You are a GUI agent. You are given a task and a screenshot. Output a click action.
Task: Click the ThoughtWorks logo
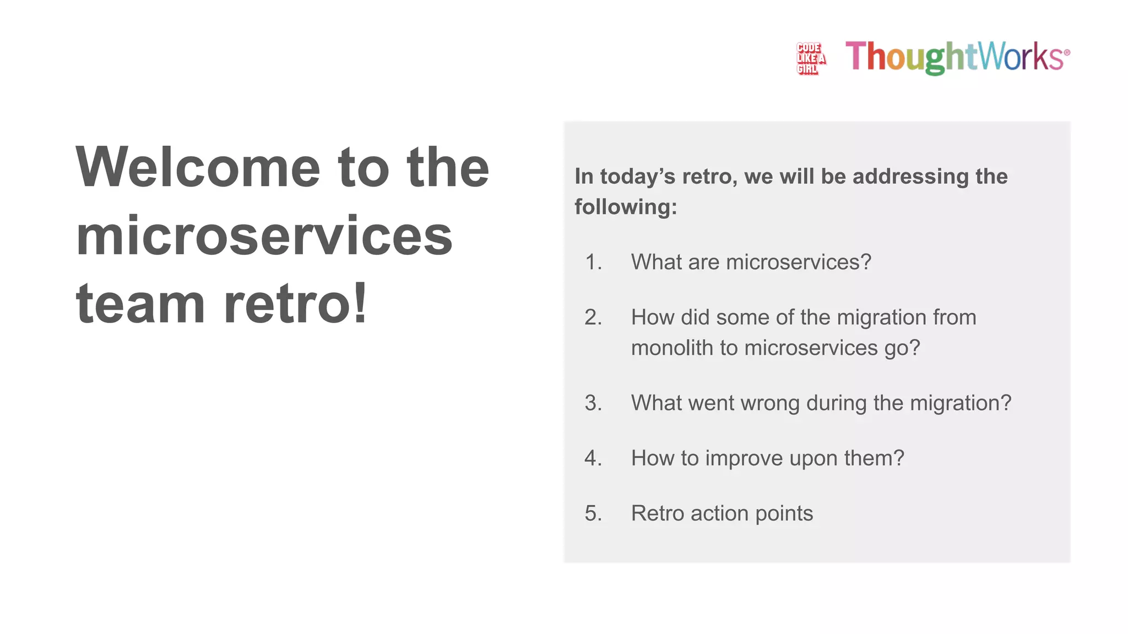point(957,57)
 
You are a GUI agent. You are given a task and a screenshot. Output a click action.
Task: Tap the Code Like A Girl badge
point(811,58)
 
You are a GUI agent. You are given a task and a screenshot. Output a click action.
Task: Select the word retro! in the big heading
point(295,303)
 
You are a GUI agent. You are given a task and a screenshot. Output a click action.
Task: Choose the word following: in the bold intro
point(626,207)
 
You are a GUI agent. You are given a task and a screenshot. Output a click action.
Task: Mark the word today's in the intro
point(638,177)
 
